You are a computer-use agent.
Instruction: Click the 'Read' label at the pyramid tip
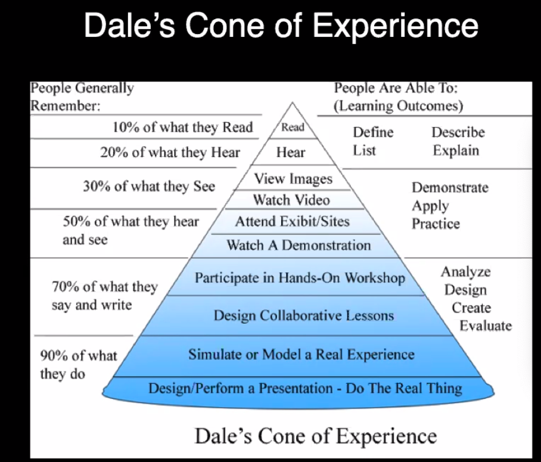pyautogui.click(x=293, y=128)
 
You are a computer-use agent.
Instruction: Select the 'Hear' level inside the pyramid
pyautogui.click(x=291, y=152)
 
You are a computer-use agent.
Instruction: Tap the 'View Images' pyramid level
pyautogui.click(x=293, y=179)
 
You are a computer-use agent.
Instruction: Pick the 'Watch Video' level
pyautogui.click(x=291, y=200)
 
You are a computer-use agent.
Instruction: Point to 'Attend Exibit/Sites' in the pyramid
pyautogui.click(x=292, y=221)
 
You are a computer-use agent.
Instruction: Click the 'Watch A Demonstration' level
pyautogui.click(x=299, y=245)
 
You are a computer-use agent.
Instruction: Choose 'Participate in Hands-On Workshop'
pyautogui.click(x=300, y=278)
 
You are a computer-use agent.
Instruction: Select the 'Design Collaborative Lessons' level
pyautogui.click(x=304, y=315)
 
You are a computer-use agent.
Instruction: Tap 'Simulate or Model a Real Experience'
pyautogui.click(x=301, y=355)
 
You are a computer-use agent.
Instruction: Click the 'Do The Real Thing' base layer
pyautogui.click(x=404, y=389)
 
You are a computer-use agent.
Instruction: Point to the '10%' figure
pyautogui.click(x=126, y=128)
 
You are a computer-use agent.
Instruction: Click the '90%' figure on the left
pyautogui.click(x=54, y=356)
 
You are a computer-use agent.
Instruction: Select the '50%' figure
pyautogui.click(x=76, y=221)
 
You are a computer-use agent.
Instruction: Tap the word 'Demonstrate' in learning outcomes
pyautogui.click(x=450, y=188)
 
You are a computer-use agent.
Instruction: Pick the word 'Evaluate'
pyautogui.click(x=486, y=325)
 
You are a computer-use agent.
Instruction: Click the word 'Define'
pyautogui.click(x=373, y=132)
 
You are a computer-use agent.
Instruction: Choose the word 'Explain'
pyautogui.click(x=456, y=151)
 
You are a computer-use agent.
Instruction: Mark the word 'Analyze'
pyautogui.click(x=465, y=272)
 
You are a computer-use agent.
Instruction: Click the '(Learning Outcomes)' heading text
pyautogui.click(x=398, y=106)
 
